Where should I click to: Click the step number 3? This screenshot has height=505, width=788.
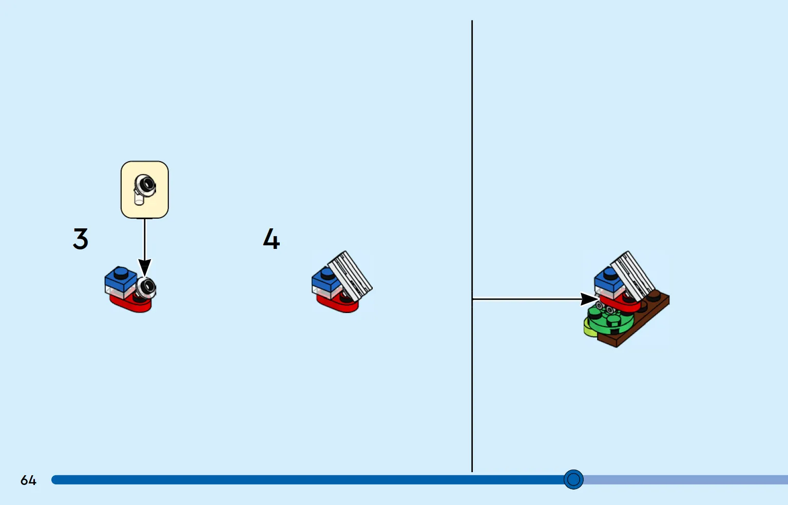[81, 239]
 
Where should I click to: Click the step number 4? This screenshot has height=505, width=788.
[271, 239]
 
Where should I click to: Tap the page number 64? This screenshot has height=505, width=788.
[28, 480]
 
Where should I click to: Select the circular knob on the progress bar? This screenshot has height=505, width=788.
[573, 479]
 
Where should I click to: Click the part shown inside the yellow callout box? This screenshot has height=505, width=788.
[145, 188]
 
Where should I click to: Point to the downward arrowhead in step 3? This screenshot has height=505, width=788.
[145, 267]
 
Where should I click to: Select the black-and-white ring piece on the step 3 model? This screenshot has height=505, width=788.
[146, 288]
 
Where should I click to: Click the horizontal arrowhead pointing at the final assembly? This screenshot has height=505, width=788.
[589, 299]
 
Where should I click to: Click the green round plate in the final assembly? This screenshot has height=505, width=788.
[610, 320]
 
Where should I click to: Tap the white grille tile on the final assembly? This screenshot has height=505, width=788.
[632, 276]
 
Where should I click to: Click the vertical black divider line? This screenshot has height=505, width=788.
[472, 246]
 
